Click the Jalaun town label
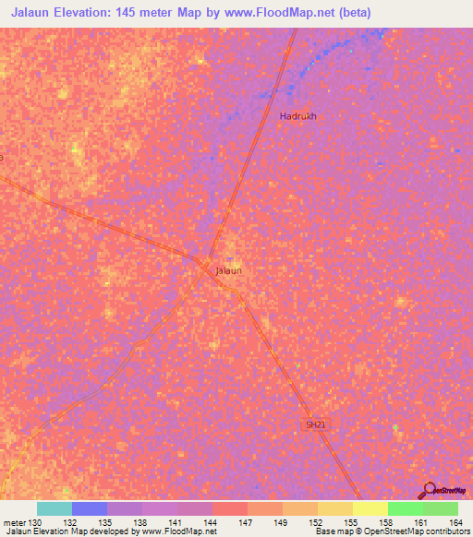228,270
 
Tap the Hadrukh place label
297,116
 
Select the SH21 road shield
316,424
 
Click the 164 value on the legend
457,523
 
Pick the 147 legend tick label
247,523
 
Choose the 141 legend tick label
176,523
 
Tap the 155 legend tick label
352,523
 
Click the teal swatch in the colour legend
54,508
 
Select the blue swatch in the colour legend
89,508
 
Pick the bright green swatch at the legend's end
440,508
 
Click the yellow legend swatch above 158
370,508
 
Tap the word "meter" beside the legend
14,523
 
